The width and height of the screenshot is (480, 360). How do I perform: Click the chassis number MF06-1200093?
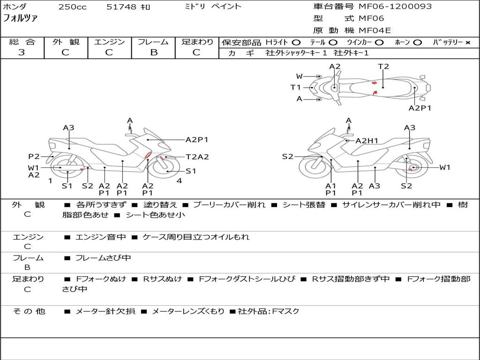click(395, 7)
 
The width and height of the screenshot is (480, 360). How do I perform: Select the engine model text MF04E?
click(375, 30)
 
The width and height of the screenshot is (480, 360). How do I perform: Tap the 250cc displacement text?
click(73, 7)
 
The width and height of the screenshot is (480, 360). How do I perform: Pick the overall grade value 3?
click(22, 52)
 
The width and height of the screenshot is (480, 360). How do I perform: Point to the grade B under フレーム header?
click(154, 52)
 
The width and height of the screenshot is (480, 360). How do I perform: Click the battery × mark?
click(468, 43)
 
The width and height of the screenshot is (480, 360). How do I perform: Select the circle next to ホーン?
click(417, 43)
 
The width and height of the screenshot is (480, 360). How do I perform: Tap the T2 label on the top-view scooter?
click(383, 67)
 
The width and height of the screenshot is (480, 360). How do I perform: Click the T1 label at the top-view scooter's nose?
click(295, 88)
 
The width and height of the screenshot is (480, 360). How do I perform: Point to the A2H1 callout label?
click(367, 141)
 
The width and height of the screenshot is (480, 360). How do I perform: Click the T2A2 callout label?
click(197, 157)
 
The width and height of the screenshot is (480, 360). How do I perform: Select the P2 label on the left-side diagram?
click(34, 157)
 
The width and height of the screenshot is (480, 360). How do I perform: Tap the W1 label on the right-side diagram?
click(445, 167)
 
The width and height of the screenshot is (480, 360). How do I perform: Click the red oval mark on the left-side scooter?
click(148, 155)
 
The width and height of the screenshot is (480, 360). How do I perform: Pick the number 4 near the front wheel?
click(179, 180)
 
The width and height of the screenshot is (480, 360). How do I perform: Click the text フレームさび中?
click(103, 258)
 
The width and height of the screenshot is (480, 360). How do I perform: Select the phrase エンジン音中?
click(101, 237)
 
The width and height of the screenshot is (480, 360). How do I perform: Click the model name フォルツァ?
click(20, 18)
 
